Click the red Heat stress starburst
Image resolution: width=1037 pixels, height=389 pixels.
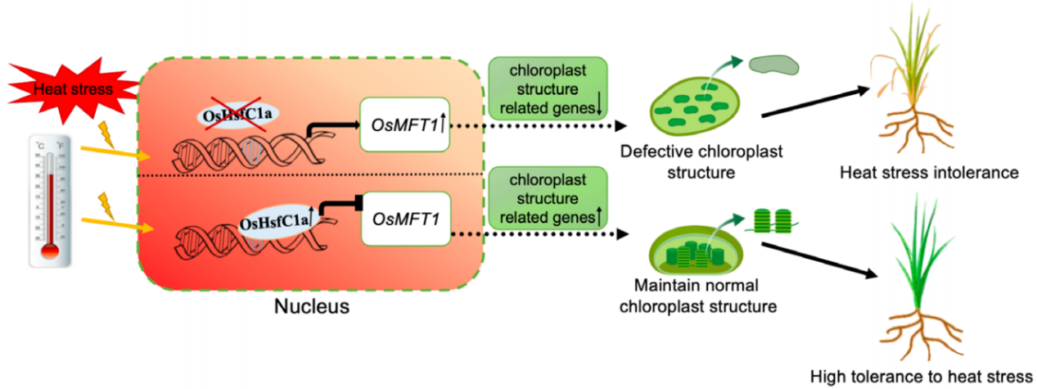pos(74,90)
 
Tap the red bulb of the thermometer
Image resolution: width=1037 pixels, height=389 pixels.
pos(50,251)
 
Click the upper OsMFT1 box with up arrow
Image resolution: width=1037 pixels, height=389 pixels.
pos(405,124)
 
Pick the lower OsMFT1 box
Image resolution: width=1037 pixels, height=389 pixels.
pos(406,219)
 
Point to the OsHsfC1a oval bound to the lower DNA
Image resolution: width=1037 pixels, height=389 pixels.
pos(277,221)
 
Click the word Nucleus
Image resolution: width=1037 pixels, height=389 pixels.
pos(312,306)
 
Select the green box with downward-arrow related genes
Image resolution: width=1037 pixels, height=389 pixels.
pos(548,88)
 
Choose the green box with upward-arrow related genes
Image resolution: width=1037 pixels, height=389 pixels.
pos(548,198)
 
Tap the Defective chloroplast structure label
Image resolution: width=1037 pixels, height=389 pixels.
pos(701,161)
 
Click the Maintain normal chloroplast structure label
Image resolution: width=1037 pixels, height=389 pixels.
pos(697,296)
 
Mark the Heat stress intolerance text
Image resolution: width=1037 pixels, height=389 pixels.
pos(929,173)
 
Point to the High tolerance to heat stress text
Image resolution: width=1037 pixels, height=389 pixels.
pos(922,377)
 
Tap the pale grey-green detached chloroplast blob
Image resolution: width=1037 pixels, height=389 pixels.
pos(774,66)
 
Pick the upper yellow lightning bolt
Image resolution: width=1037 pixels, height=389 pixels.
pos(106,134)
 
